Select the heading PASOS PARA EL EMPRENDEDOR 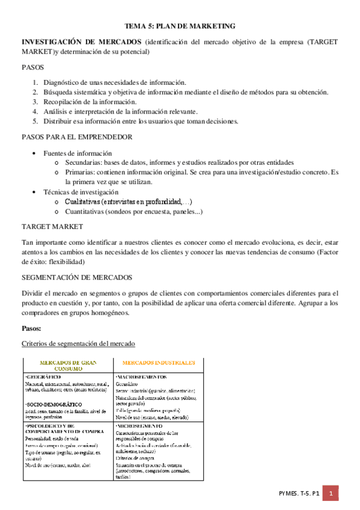point(77,137)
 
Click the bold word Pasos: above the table point(31,328)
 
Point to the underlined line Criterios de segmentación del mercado point(78,343)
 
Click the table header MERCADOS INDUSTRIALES point(159,363)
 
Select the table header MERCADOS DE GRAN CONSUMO point(68,366)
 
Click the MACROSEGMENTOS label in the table point(142,376)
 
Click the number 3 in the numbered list point(35,102)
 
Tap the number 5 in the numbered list point(35,121)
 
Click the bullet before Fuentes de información point(38,153)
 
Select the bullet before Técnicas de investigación point(38,191)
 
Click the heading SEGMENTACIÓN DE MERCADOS point(76,277)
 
